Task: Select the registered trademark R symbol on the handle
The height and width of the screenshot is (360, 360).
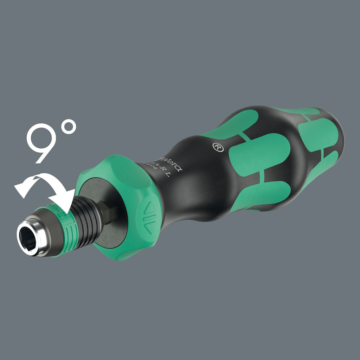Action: [x=218, y=147]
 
